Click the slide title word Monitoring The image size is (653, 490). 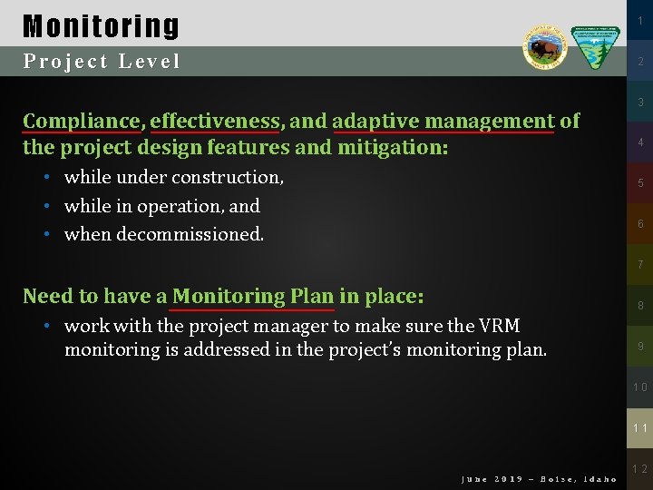(x=101, y=25)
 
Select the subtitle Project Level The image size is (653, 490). (x=102, y=62)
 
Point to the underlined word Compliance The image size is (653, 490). (x=82, y=122)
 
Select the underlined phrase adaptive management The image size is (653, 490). (x=443, y=122)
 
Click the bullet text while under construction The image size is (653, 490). (x=173, y=177)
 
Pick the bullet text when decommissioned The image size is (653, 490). (x=163, y=234)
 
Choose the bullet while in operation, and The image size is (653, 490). (x=161, y=206)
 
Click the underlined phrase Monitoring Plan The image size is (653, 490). (x=253, y=296)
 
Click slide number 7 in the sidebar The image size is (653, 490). (x=639, y=265)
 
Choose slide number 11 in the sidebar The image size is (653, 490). (x=639, y=427)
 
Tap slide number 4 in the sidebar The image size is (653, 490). (x=639, y=143)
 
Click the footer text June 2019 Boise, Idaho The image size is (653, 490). (x=539, y=478)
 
